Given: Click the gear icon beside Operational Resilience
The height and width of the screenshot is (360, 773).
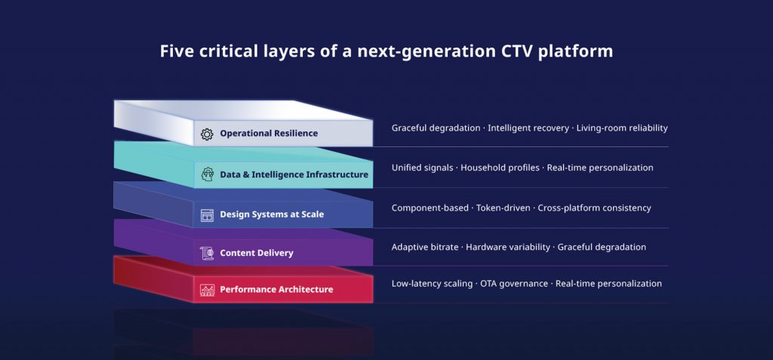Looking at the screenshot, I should point(207,134).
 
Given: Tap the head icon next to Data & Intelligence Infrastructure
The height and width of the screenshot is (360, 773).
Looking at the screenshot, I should point(207,174).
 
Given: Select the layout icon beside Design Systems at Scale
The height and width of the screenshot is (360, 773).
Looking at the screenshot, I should point(207,215).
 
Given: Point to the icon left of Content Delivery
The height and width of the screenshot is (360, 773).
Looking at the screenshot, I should point(207,253).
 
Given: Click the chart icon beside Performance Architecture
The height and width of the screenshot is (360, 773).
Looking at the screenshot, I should point(207,290).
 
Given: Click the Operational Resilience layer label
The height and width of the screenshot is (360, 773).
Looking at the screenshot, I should point(269,134).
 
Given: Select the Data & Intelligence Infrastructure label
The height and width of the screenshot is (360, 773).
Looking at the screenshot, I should point(294,174).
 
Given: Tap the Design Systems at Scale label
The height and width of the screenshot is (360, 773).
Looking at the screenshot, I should point(272,215).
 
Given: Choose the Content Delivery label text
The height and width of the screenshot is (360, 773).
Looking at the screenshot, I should point(257,253).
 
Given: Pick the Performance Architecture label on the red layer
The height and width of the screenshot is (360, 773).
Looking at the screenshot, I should point(276,290).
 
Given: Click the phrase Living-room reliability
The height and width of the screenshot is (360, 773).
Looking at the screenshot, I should point(622,128).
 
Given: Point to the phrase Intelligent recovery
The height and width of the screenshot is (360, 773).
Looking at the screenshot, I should point(528,128).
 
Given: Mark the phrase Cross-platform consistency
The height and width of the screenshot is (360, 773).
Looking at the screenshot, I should point(594,208).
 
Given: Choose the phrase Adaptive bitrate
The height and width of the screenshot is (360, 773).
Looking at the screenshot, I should point(425,248).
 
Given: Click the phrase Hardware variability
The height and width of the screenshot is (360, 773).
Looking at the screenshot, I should point(508,248).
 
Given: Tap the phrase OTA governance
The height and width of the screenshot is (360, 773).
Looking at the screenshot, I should point(514,284).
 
